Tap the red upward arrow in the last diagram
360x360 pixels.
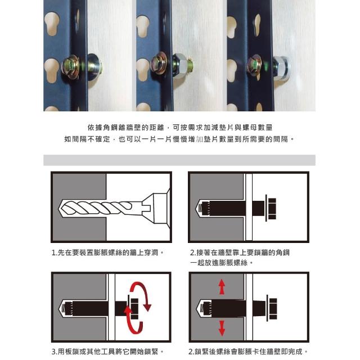(222, 286)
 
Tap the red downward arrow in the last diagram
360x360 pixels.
(222, 328)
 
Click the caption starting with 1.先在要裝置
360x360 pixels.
(107, 253)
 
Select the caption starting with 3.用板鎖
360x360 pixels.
(107, 352)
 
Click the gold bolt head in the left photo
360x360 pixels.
(71, 66)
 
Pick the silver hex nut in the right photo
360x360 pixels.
(281, 68)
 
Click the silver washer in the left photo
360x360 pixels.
(94, 66)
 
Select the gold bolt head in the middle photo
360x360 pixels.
(159, 64)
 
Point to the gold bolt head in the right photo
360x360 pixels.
(254, 65)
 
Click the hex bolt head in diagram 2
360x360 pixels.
(272, 209)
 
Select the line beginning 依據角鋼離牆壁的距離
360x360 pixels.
(180, 128)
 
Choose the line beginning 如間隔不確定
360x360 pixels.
(179, 139)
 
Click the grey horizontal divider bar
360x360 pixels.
(179, 160)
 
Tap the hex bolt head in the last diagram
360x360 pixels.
(273, 309)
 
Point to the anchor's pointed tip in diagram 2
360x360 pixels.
(195, 209)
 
